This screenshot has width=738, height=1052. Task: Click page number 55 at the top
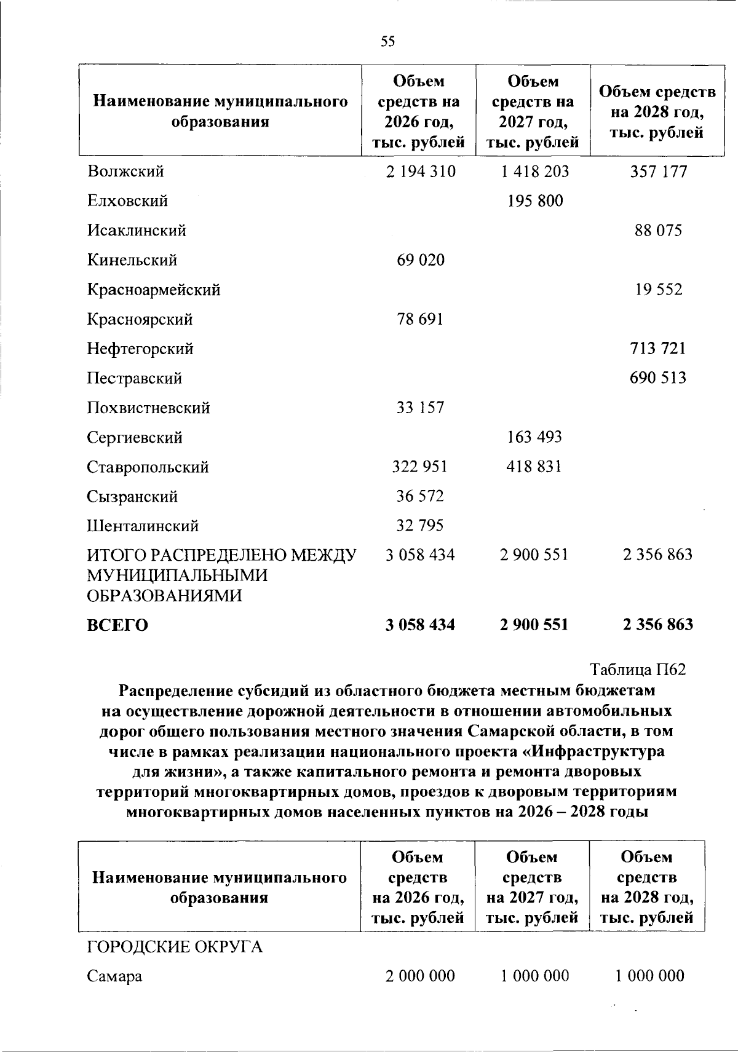point(388,41)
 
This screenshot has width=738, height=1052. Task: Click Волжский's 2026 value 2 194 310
point(421,172)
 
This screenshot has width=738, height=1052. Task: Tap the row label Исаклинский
point(137,231)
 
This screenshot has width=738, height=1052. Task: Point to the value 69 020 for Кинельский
point(421,260)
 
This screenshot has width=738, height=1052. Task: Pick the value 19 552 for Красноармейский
point(659,290)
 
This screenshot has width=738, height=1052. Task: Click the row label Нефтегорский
point(140,349)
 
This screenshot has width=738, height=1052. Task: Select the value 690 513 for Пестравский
point(657,378)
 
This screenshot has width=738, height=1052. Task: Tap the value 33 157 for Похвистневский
point(421,408)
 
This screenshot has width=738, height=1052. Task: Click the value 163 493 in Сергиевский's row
point(534,437)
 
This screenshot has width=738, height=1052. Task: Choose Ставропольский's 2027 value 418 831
point(534,467)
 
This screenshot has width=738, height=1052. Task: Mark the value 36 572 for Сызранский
point(421,496)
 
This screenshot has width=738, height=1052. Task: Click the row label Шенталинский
point(143,526)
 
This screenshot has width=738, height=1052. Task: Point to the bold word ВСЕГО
point(117,625)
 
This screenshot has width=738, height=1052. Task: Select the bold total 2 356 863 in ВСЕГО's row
point(657,625)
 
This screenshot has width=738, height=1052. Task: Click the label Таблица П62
point(638,670)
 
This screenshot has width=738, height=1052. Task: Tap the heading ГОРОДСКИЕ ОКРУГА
point(175,947)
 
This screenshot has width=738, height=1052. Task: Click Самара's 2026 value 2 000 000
point(421,976)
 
